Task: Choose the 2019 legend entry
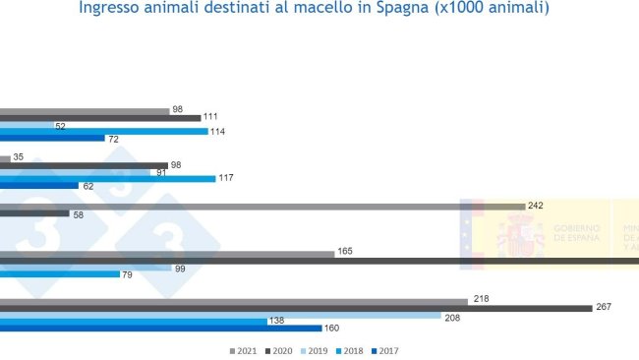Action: pos(318,351)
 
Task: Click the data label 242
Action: pos(536,206)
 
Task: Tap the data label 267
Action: pos(604,307)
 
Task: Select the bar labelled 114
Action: pos(103,131)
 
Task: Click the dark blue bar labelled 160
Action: pos(161,329)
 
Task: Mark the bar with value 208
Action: pos(220,316)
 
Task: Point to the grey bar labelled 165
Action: pos(167,254)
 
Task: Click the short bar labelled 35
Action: pos(5,158)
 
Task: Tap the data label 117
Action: pos(226,178)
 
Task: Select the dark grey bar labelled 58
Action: pos(34,212)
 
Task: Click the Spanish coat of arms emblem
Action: pos(520,235)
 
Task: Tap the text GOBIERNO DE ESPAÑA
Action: pos(576,233)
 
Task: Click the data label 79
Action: pos(127,274)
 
